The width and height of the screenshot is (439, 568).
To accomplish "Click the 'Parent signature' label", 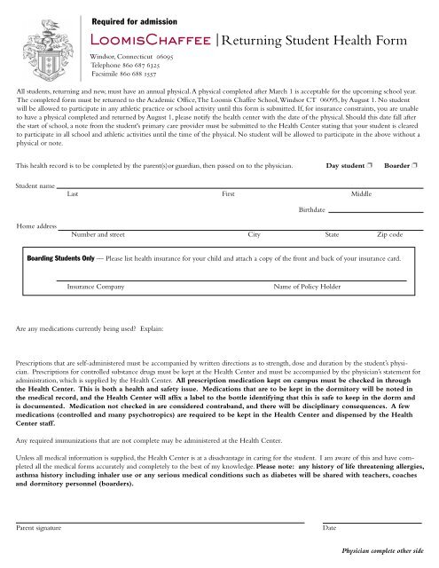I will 39,528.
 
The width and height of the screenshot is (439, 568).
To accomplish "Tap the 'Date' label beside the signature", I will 329,528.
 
